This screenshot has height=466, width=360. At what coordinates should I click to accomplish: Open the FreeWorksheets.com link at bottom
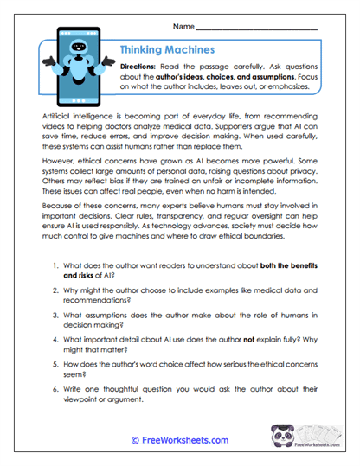[179, 439]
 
